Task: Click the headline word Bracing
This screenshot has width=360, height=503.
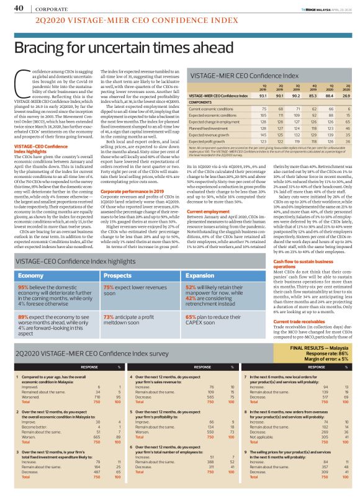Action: point(43,48)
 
